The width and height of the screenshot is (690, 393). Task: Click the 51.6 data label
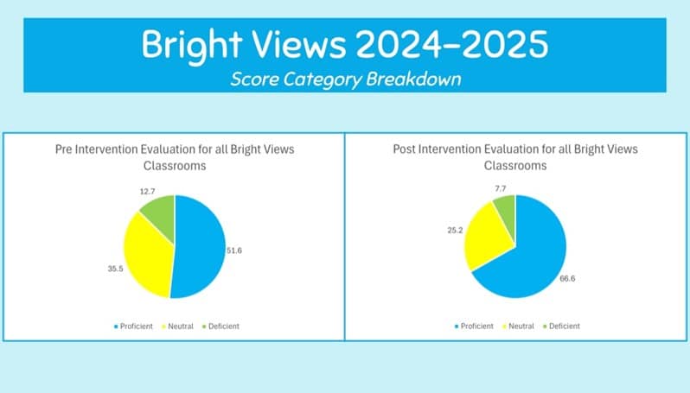[x=234, y=250]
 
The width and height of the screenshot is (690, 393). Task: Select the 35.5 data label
[x=115, y=269]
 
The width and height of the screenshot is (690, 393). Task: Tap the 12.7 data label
[x=147, y=192]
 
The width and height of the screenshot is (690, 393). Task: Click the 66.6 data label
[x=567, y=279]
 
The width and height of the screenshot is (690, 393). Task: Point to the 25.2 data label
[x=455, y=231]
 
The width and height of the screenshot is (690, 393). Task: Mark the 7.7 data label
[x=501, y=188]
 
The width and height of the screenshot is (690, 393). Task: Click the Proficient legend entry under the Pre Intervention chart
[x=133, y=326]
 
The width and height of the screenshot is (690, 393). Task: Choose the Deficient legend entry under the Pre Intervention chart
[x=220, y=326]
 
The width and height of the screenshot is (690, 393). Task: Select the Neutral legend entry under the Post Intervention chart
[x=519, y=326]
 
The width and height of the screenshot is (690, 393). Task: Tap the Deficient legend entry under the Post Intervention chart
[x=561, y=326]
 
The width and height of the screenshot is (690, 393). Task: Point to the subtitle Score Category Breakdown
[x=346, y=79]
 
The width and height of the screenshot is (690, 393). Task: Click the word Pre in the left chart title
[x=64, y=149]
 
